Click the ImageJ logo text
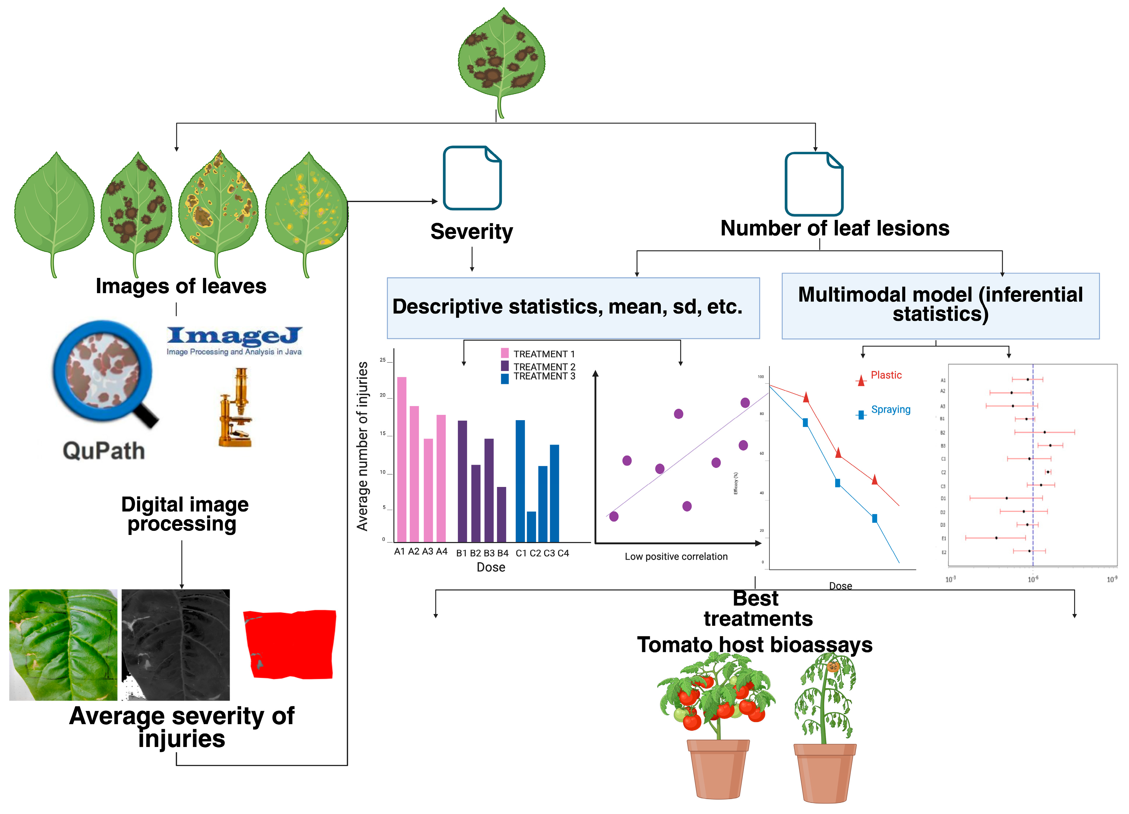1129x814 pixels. point(234,336)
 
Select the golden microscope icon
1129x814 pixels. point(236,408)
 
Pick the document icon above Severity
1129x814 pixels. point(472,178)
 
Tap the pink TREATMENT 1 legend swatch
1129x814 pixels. point(505,353)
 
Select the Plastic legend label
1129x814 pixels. point(886,375)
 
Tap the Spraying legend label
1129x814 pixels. point(891,409)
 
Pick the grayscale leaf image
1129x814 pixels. point(176,645)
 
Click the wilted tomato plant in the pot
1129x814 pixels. point(825,726)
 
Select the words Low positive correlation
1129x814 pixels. point(676,557)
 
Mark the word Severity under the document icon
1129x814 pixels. point(471,232)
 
